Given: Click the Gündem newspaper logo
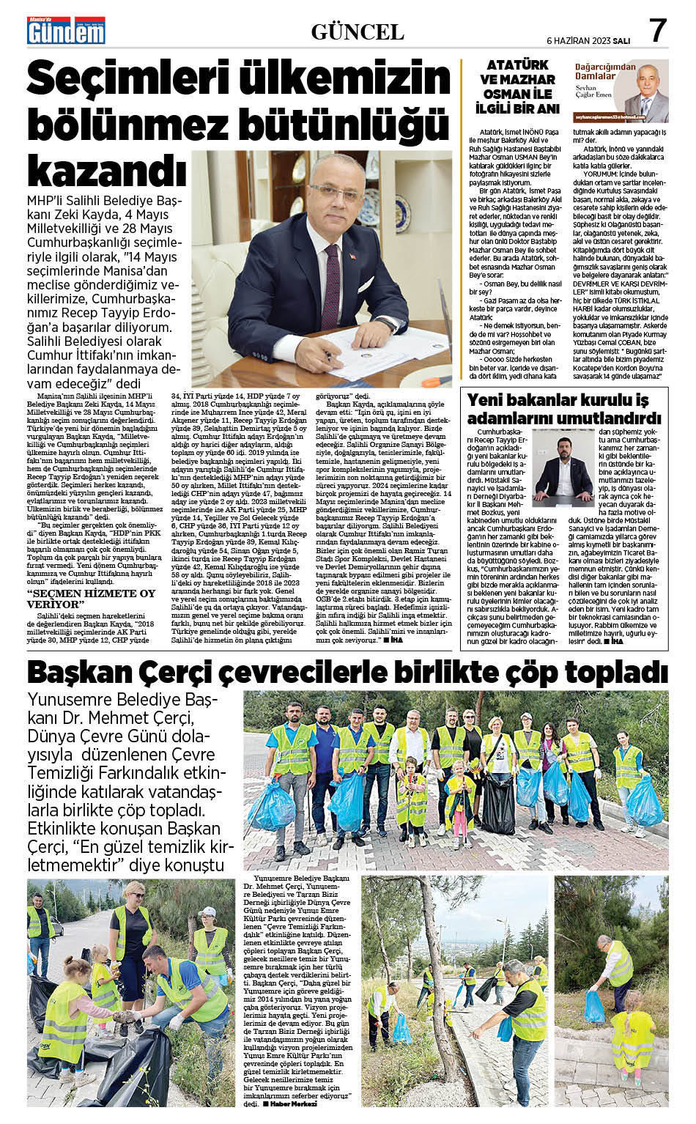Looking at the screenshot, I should [x=66, y=31].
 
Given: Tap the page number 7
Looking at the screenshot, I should [x=657, y=31].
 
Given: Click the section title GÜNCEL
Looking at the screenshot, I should [x=358, y=32].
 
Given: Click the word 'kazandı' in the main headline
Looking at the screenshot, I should [x=107, y=169].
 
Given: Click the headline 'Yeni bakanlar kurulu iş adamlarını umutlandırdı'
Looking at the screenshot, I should [x=558, y=408].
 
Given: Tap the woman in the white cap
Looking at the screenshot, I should [x=207, y=934].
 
